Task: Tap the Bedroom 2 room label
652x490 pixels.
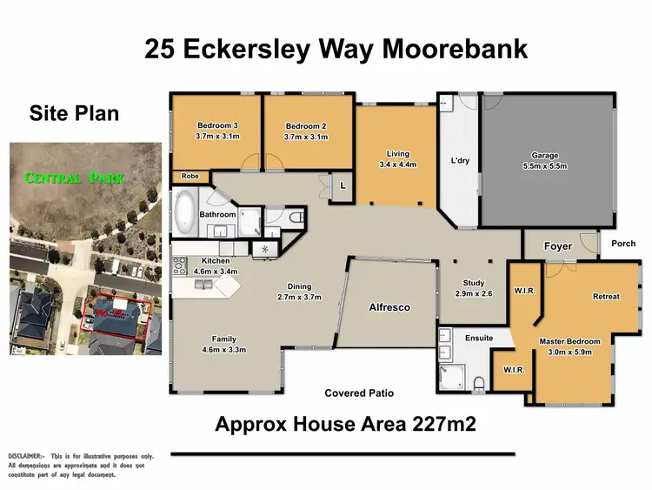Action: point(306,125)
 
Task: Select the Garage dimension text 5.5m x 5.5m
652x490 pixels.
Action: point(545,166)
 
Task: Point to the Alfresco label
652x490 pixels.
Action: point(389,308)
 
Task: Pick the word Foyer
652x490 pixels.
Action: point(557,246)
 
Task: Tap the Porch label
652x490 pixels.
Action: point(624,244)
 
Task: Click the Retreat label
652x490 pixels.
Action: point(606,297)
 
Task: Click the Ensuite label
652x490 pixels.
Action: point(477,338)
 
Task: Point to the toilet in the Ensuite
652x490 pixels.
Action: point(479,381)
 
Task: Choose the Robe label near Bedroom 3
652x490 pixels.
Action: point(190,177)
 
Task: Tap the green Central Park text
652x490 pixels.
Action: point(75,178)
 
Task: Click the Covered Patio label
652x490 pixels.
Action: point(358,393)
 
